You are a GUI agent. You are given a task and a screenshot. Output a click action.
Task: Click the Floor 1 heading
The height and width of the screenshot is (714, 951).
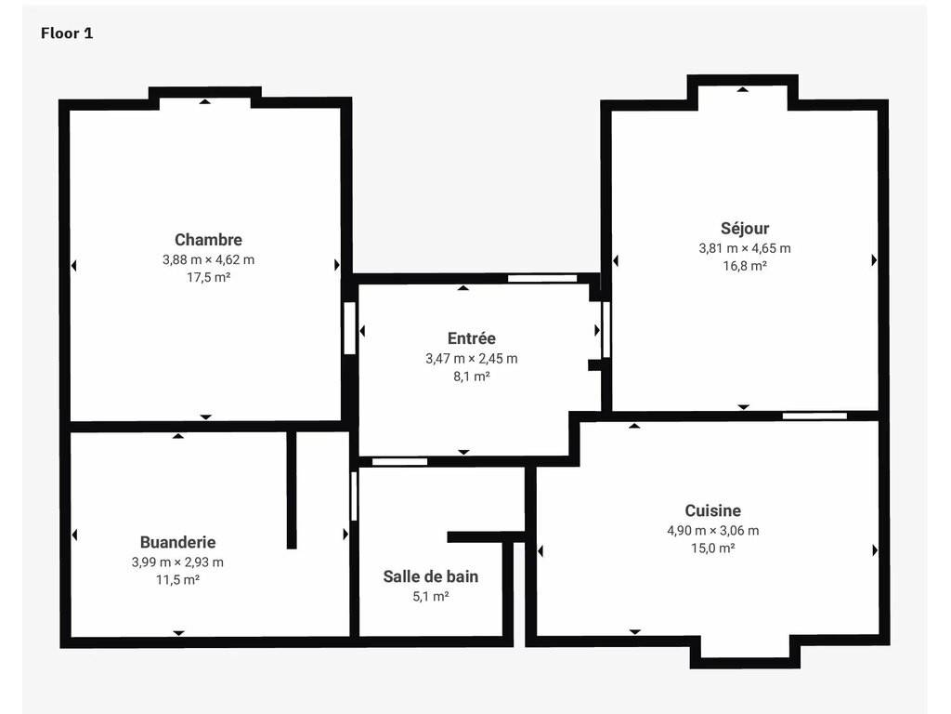[x=67, y=33]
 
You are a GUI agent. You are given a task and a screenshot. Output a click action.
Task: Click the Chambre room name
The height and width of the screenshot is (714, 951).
[x=208, y=240]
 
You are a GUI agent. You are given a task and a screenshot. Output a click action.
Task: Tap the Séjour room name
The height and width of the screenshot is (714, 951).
[x=745, y=229]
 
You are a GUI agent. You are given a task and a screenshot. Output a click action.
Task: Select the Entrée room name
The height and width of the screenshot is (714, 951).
[x=471, y=338]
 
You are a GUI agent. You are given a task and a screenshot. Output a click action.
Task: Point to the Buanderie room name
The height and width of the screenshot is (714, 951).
[x=177, y=542]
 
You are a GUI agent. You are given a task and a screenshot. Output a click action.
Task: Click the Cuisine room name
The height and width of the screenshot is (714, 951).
[x=712, y=510]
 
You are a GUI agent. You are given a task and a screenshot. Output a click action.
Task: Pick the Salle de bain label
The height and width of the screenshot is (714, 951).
[x=431, y=576]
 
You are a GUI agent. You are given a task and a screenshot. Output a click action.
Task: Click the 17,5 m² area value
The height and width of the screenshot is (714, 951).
[x=208, y=277]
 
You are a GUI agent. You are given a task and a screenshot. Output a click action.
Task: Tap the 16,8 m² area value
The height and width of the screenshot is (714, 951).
[x=745, y=266]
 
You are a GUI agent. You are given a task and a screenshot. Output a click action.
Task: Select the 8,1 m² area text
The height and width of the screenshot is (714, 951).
[x=471, y=377]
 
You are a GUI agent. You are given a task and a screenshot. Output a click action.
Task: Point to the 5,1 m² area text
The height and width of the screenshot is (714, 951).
[x=431, y=597]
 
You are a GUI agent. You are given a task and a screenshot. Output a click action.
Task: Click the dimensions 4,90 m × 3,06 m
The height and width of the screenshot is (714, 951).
[x=712, y=531]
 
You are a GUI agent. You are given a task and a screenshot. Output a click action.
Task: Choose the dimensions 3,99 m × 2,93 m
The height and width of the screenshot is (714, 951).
[x=177, y=562]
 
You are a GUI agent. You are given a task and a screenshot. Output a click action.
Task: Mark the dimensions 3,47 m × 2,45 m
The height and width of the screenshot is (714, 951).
[x=471, y=359]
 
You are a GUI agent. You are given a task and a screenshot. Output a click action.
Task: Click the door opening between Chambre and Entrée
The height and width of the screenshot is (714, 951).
[x=349, y=328]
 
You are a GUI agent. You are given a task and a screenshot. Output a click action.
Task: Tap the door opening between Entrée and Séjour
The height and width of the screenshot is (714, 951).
[x=606, y=329]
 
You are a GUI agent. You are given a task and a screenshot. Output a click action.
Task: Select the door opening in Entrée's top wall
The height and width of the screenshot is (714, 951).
[x=542, y=278]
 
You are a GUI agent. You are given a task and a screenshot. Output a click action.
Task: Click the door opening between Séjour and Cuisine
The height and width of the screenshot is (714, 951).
[x=814, y=416]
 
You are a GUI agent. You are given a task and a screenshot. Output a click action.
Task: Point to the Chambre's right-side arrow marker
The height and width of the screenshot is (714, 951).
[x=337, y=265]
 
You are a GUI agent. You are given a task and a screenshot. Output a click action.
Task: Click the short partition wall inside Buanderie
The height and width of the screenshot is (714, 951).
[x=292, y=489]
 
